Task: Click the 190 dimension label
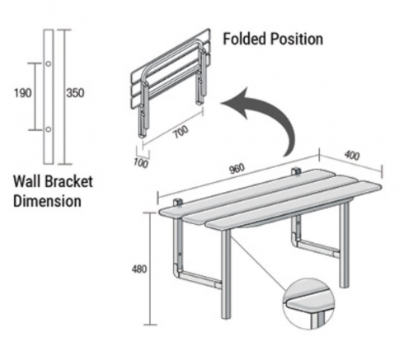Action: [x=23, y=93]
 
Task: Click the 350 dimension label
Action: [x=75, y=93]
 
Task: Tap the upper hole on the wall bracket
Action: [x=48, y=63]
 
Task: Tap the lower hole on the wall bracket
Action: [x=48, y=129]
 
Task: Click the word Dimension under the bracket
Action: [x=47, y=201]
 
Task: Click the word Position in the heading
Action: [x=297, y=39]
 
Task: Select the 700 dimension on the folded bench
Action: [x=181, y=132]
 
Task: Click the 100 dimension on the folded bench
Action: [x=141, y=163]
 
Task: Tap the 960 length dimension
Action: [x=237, y=169]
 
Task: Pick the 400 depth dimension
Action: [x=352, y=156]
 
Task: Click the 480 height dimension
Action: [x=139, y=269]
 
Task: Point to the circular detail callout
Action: [x=309, y=304]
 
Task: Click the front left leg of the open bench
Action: [x=226, y=274]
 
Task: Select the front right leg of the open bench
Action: [x=344, y=245]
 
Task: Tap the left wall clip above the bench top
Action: [x=178, y=203]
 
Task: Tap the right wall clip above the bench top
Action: [x=296, y=171]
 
